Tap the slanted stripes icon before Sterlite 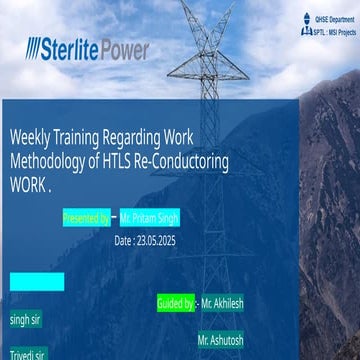pyautogui.click(x=37, y=48)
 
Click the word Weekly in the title pyautogui.click(x=36, y=137)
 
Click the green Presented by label pyautogui.click(x=86, y=216)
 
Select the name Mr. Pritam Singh pyautogui.click(x=149, y=216)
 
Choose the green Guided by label pyautogui.click(x=176, y=301)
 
